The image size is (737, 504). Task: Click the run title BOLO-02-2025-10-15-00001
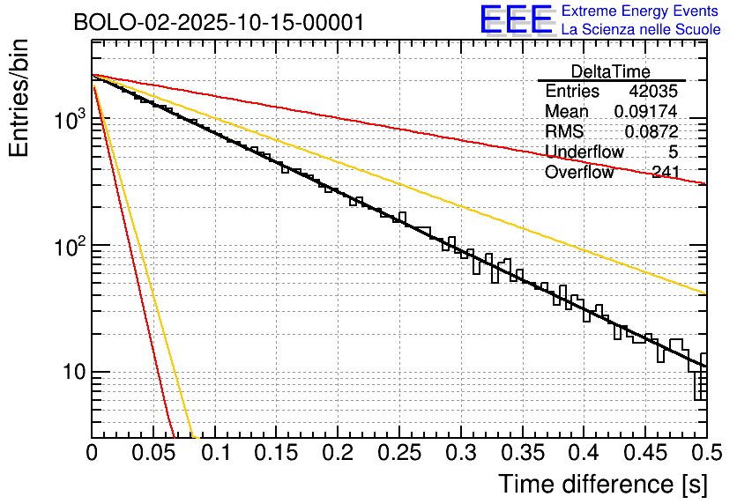tap(219, 23)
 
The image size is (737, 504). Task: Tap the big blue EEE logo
tap(517, 20)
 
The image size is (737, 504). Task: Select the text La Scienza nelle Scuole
tap(641, 30)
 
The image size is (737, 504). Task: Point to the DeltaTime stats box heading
tap(611, 71)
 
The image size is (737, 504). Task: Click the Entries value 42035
tap(653, 92)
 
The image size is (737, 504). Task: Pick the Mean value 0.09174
tap(646, 112)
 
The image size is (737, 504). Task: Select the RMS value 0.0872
tap(651, 132)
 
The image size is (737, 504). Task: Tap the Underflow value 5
tap(673, 152)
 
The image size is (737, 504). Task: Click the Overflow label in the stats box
tap(578, 173)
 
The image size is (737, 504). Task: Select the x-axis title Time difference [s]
tap(600, 484)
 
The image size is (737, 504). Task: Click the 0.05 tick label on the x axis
tap(153, 453)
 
